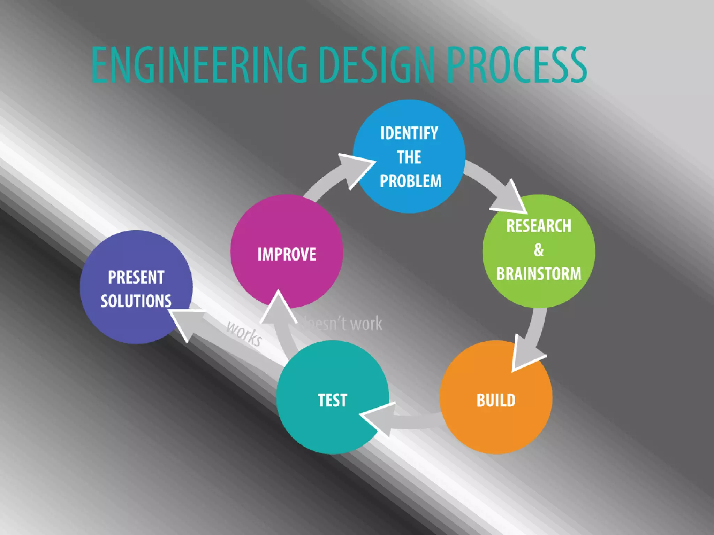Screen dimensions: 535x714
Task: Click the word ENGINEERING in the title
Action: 199,65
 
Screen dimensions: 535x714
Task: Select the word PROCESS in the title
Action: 517,65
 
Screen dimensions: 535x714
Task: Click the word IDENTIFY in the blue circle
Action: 409,133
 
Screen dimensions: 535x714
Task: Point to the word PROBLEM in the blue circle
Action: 411,181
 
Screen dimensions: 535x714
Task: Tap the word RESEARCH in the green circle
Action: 539,226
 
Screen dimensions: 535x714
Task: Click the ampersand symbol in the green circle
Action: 539,250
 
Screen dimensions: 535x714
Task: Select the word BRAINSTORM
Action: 539,274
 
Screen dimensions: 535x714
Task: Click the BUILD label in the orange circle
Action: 496,400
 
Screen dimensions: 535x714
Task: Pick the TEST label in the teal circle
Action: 332,400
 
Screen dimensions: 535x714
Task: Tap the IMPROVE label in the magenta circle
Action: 287,254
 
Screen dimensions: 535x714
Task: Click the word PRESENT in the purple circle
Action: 136,278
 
